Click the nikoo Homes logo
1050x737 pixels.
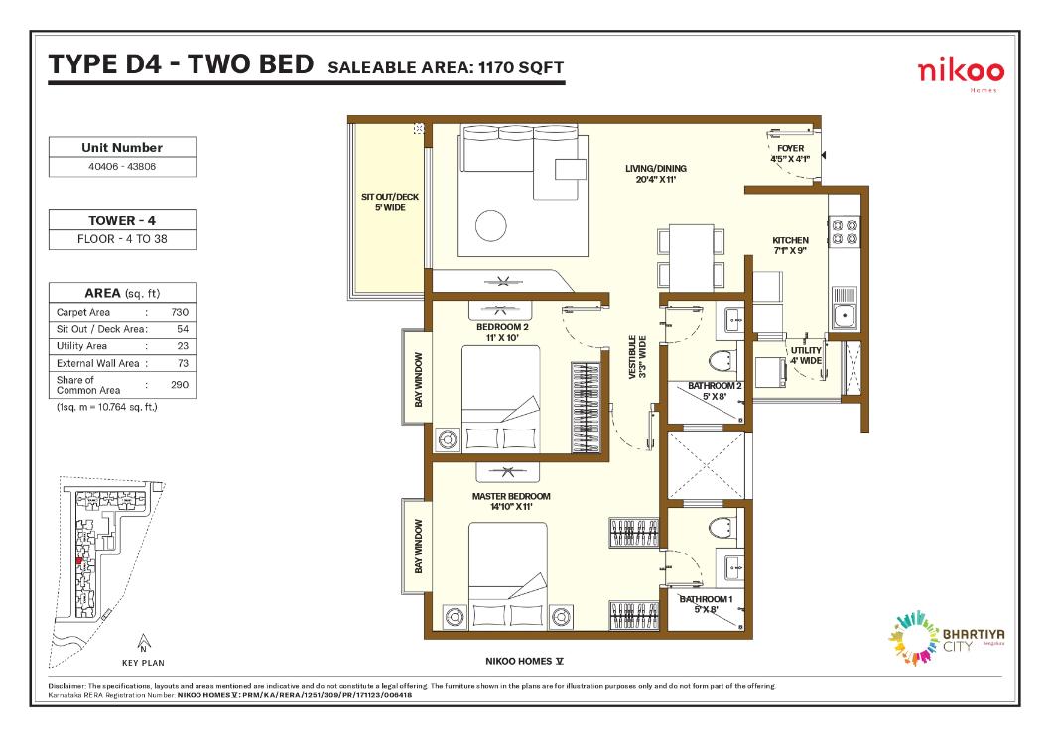pos(961,74)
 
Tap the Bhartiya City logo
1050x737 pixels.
pos(946,638)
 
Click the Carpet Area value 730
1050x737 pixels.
pos(180,312)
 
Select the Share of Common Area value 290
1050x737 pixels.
pos(180,385)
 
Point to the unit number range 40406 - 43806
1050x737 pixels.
pos(122,166)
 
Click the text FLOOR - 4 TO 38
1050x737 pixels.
pos(122,239)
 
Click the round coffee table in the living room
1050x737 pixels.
pos(491,225)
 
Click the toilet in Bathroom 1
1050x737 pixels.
pos(722,527)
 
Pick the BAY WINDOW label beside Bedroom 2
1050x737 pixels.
pos(419,380)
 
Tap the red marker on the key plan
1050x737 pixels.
pos(79,561)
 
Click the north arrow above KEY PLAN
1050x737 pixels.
pos(143,643)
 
